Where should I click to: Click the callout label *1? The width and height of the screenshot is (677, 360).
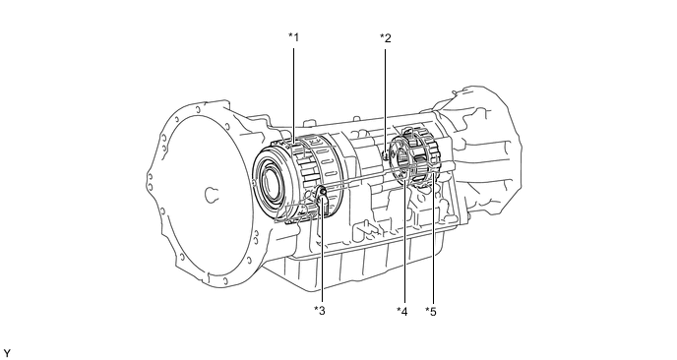[x=293, y=37]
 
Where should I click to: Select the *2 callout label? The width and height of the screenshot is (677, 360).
[x=385, y=38]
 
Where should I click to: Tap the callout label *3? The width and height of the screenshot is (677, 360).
[x=320, y=310]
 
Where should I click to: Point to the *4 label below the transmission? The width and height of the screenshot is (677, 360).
[x=401, y=311]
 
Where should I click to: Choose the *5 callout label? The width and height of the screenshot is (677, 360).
[x=430, y=311]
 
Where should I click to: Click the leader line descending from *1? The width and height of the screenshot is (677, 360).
[x=293, y=96]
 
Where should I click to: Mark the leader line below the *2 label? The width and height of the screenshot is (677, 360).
[x=385, y=99]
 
